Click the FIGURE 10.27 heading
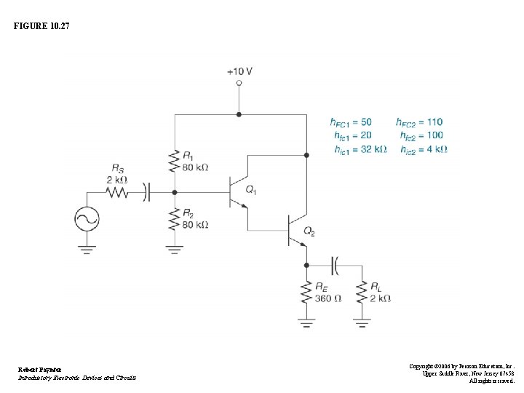pyautogui.click(x=42, y=26)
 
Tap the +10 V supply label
pyautogui.click(x=239, y=71)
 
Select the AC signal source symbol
pyautogui.click(x=87, y=219)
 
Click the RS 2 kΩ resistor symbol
pyautogui.click(x=116, y=192)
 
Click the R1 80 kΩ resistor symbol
pyautogui.click(x=174, y=161)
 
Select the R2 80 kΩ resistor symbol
pyautogui.click(x=174, y=218)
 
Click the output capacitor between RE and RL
pyautogui.click(x=334, y=266)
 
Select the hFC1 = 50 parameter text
pyautogui.click(x=351, y=122)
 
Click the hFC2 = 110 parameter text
pyautogui.click(x=419, y=122)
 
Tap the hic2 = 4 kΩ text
pyautogui.click(x=423, y=149)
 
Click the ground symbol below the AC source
pyautogui.click(x=87, y=249)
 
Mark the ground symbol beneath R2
pyautogui.click(x=174, y=249)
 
